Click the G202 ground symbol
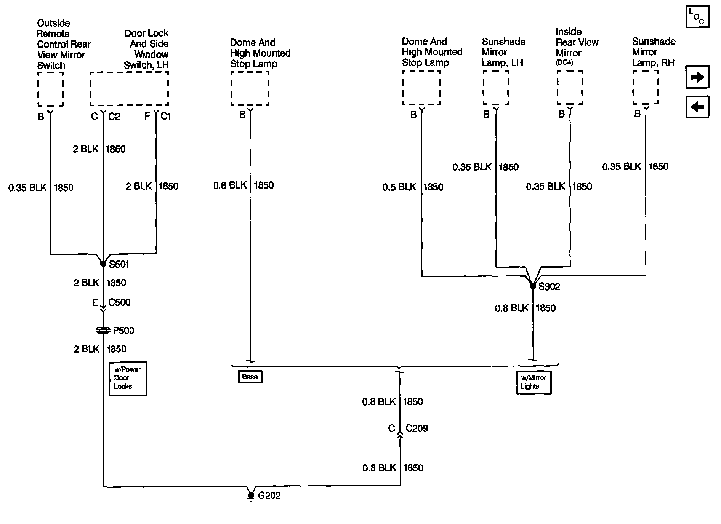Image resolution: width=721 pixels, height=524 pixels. pyautogui.click(x=251, y=496)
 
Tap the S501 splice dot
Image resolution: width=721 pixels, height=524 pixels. pyautogui.click(x=103, y=264)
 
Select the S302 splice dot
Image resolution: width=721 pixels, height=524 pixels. pyautogui.click(x=533, y=286)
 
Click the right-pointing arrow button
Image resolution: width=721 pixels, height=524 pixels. pyautogui.click(x=697, y=77)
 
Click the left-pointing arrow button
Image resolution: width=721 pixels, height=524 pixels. pyautogui.click(x=697, y=107)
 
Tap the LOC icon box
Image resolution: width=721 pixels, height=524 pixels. pyautogui.click(x=697, y=17)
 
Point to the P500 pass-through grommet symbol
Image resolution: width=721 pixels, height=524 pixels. pyautogui.click(x=103, y=331)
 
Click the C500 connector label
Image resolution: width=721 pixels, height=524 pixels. pyautogui.click(x=119, y=302)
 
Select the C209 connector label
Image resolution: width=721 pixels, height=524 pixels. pyautogui.click(x=417, y=428)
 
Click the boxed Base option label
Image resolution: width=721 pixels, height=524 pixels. pyautogui.click(x=250, y=377)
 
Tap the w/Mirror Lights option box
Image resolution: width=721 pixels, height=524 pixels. pyautogui.click(x=534, y=382)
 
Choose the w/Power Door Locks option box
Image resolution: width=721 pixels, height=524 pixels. pyautogui.click(x=128, y=378)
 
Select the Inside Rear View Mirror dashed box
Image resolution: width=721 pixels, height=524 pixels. pyautogui.click(x=570, y=88)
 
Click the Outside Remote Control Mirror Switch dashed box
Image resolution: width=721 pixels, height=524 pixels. pyautogui.click(x=50, y=89)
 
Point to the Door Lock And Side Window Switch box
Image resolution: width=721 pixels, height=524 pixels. pyautogui.click(x=129, y=89)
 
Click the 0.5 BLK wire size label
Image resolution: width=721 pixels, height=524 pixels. pyautogui.click(x=399, y=187)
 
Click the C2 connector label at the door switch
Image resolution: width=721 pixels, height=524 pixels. pyautogui.click(x=114, y=117)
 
